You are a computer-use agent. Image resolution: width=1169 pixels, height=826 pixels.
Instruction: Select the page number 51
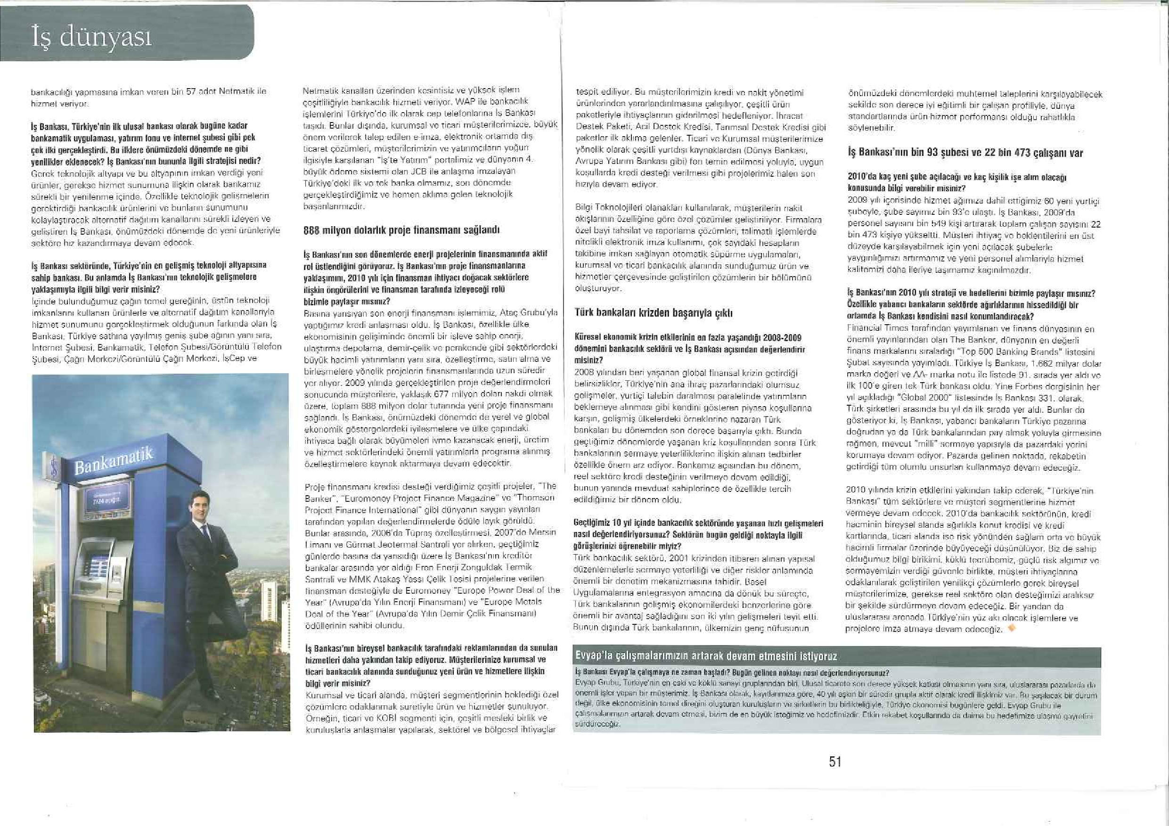tap(835, 761)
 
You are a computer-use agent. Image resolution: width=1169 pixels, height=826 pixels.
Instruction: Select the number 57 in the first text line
tap(191, 91)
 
